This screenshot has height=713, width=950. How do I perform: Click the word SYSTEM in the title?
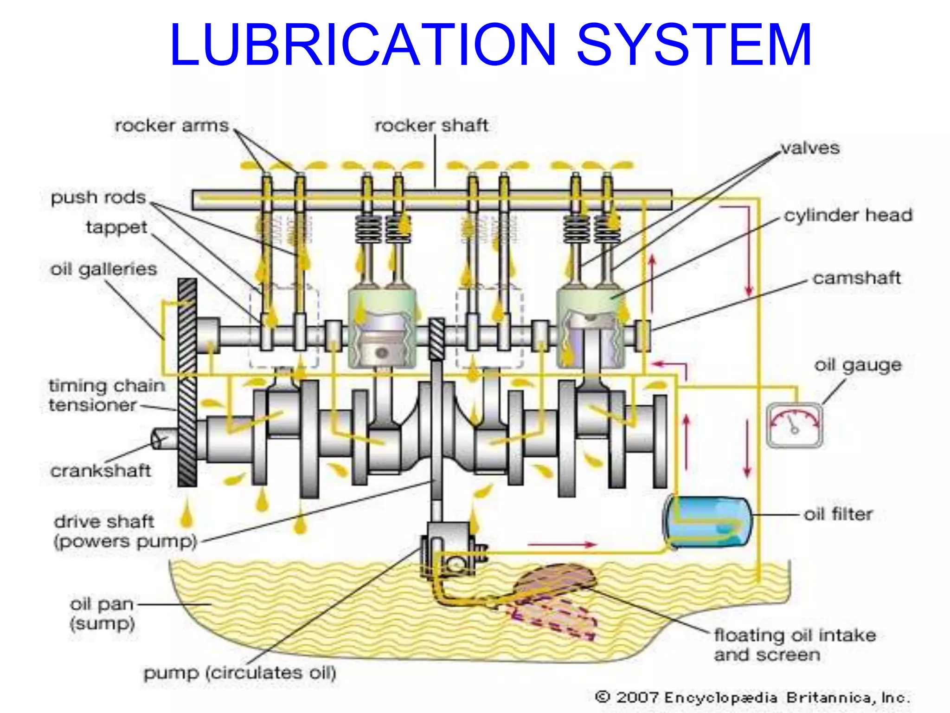693,45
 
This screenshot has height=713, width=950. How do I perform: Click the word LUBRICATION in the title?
363,45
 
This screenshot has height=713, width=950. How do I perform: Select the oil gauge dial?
794,425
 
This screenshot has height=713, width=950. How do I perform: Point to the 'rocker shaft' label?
431,125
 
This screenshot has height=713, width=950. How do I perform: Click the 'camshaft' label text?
856,278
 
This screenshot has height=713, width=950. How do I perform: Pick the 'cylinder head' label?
848,215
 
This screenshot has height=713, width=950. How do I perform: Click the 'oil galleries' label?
104,269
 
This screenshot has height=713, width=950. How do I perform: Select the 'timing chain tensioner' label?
107,395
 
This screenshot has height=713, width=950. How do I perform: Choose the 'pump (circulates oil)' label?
240,673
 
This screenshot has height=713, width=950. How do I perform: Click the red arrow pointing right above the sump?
562,544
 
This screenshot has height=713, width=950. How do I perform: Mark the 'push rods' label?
98,197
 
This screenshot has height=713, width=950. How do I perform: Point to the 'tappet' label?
116,227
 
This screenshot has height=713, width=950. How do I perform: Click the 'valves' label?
810,148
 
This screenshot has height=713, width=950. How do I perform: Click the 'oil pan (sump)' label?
102,613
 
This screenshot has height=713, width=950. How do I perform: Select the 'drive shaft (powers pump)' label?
125,531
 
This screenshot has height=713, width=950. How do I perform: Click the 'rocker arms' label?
172,125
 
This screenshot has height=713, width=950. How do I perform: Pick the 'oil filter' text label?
838,514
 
